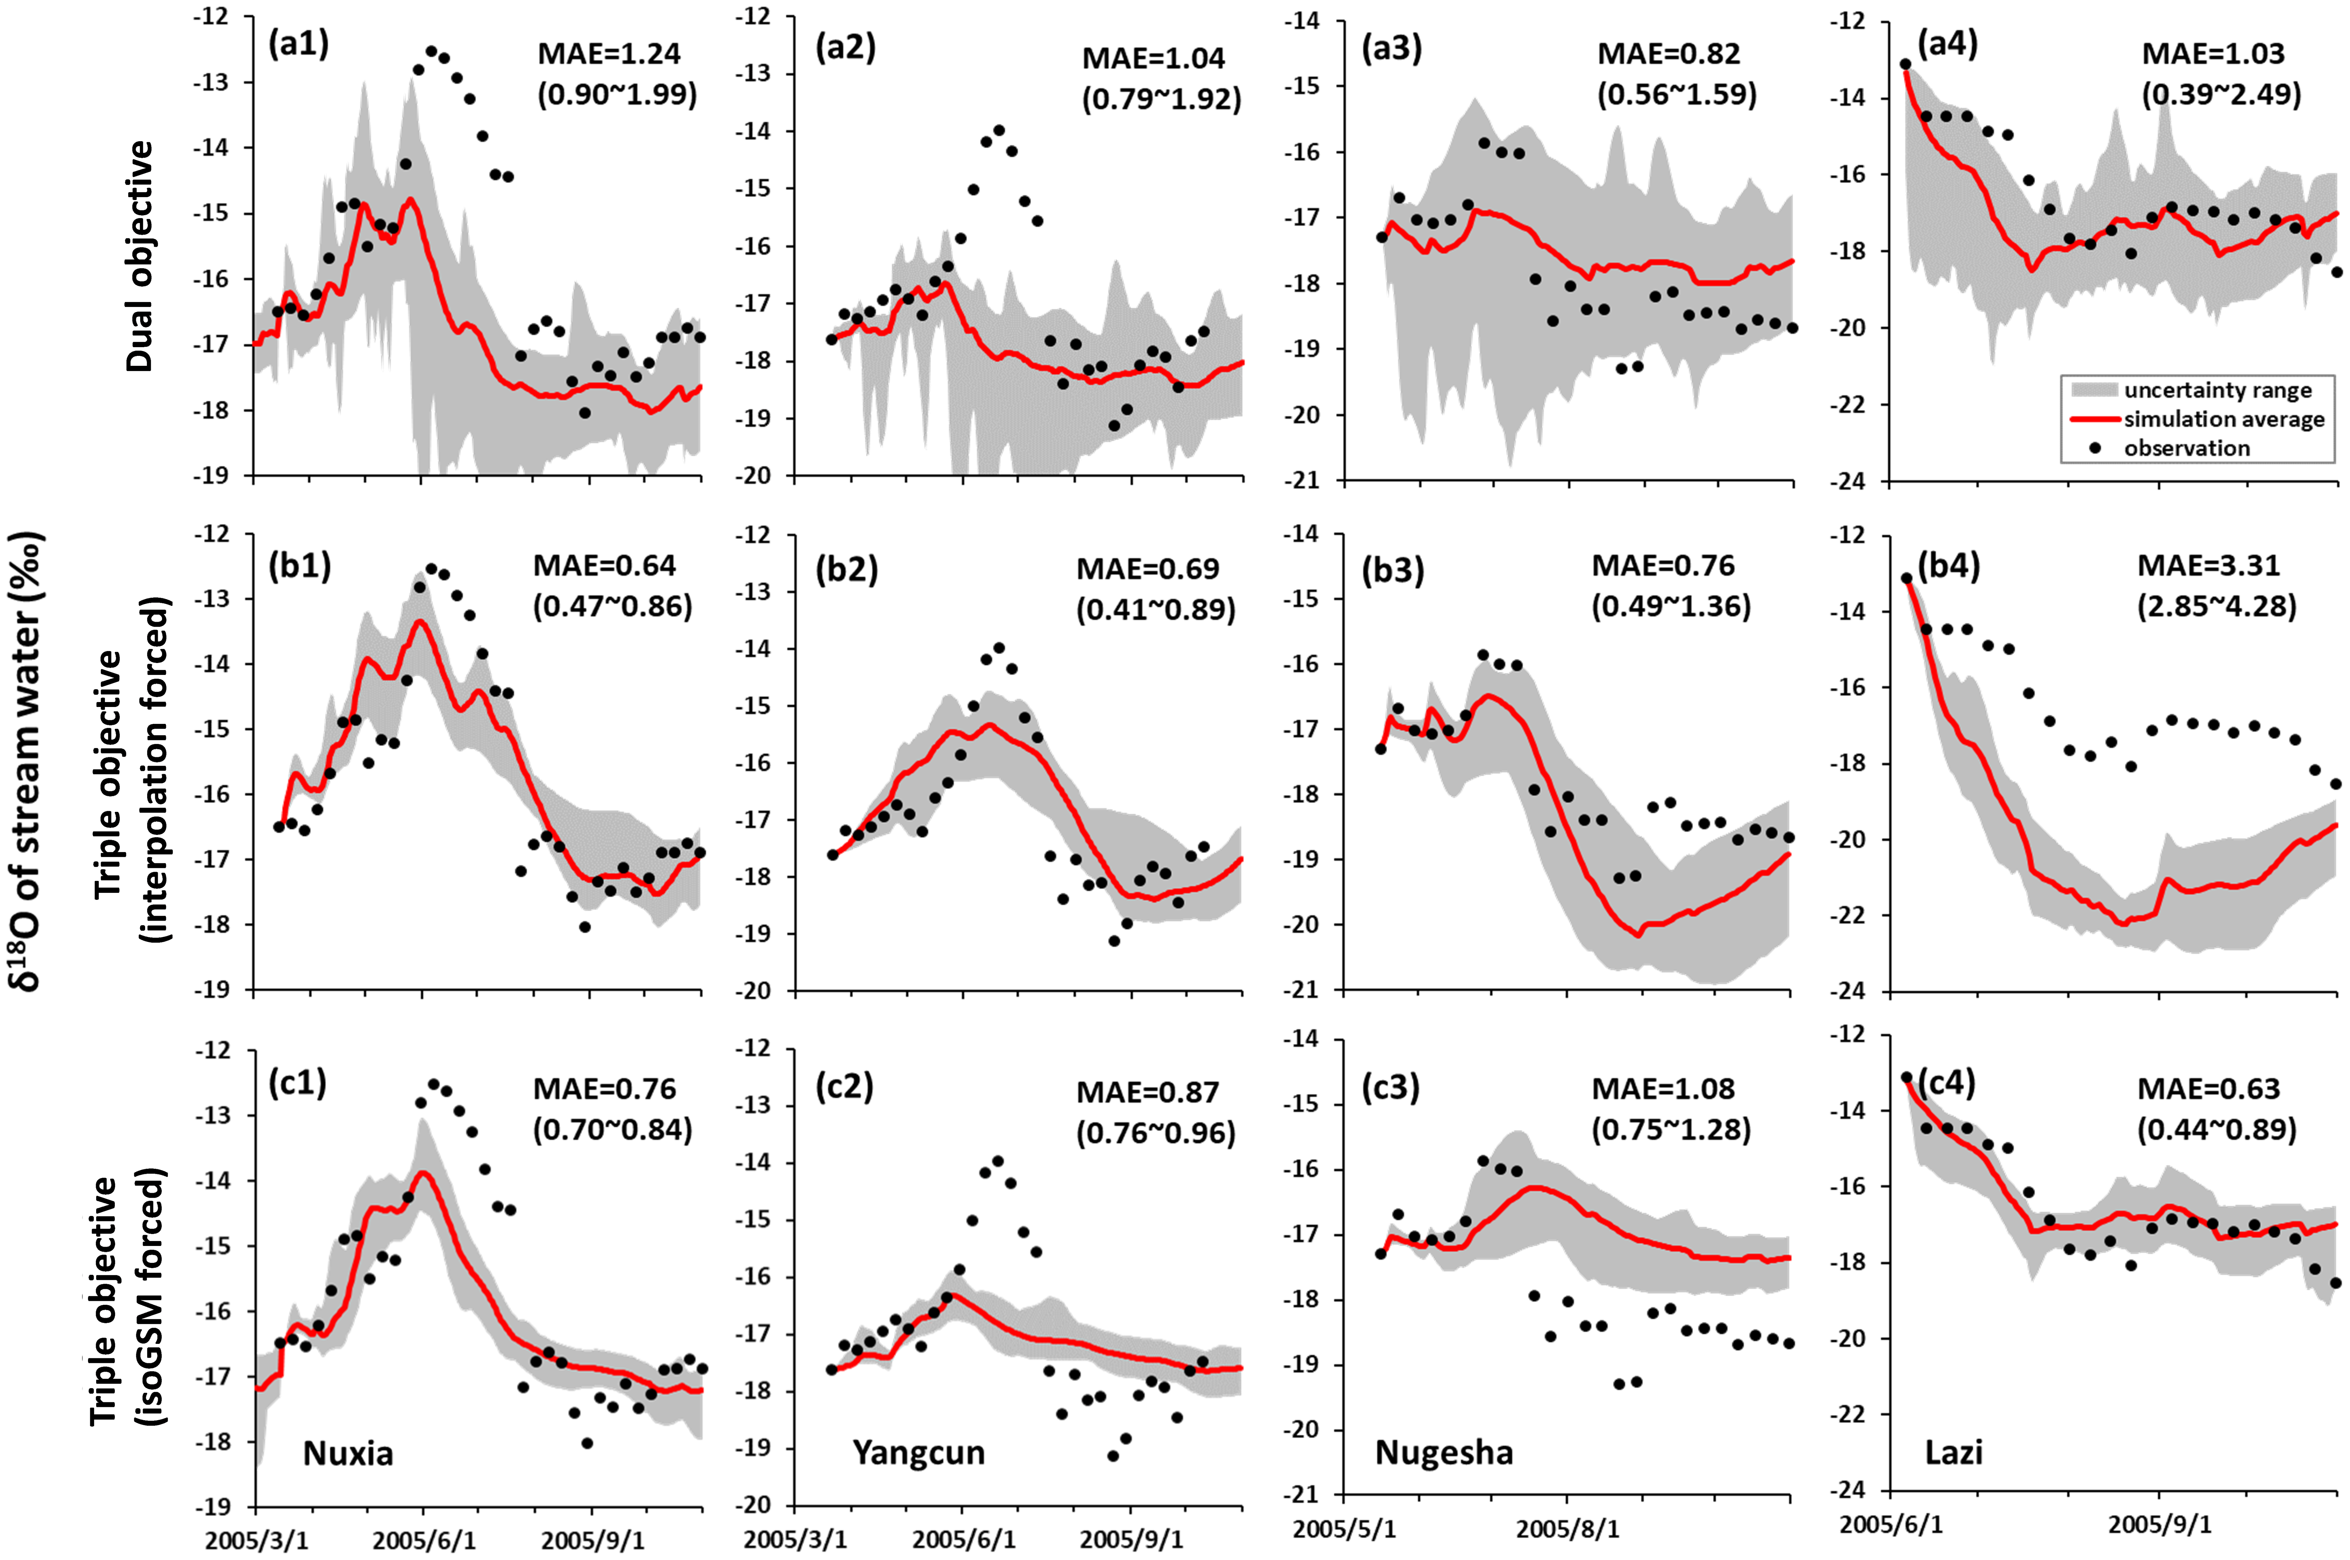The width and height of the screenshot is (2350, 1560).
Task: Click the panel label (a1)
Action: (x=299, y=45)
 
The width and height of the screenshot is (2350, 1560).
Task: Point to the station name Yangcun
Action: (x=918, y=1453)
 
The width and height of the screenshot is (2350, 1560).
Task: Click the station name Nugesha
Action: (x=1444, y=1453)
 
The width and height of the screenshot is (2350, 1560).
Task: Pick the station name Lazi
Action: (x=1953, y=1453)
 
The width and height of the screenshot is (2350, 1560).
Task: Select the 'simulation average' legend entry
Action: (x=2224, y=419)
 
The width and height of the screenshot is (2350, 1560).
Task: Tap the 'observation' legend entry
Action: (x=2187, y=448)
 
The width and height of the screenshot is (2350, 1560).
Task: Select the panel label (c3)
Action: (x=1391, y=1088)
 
